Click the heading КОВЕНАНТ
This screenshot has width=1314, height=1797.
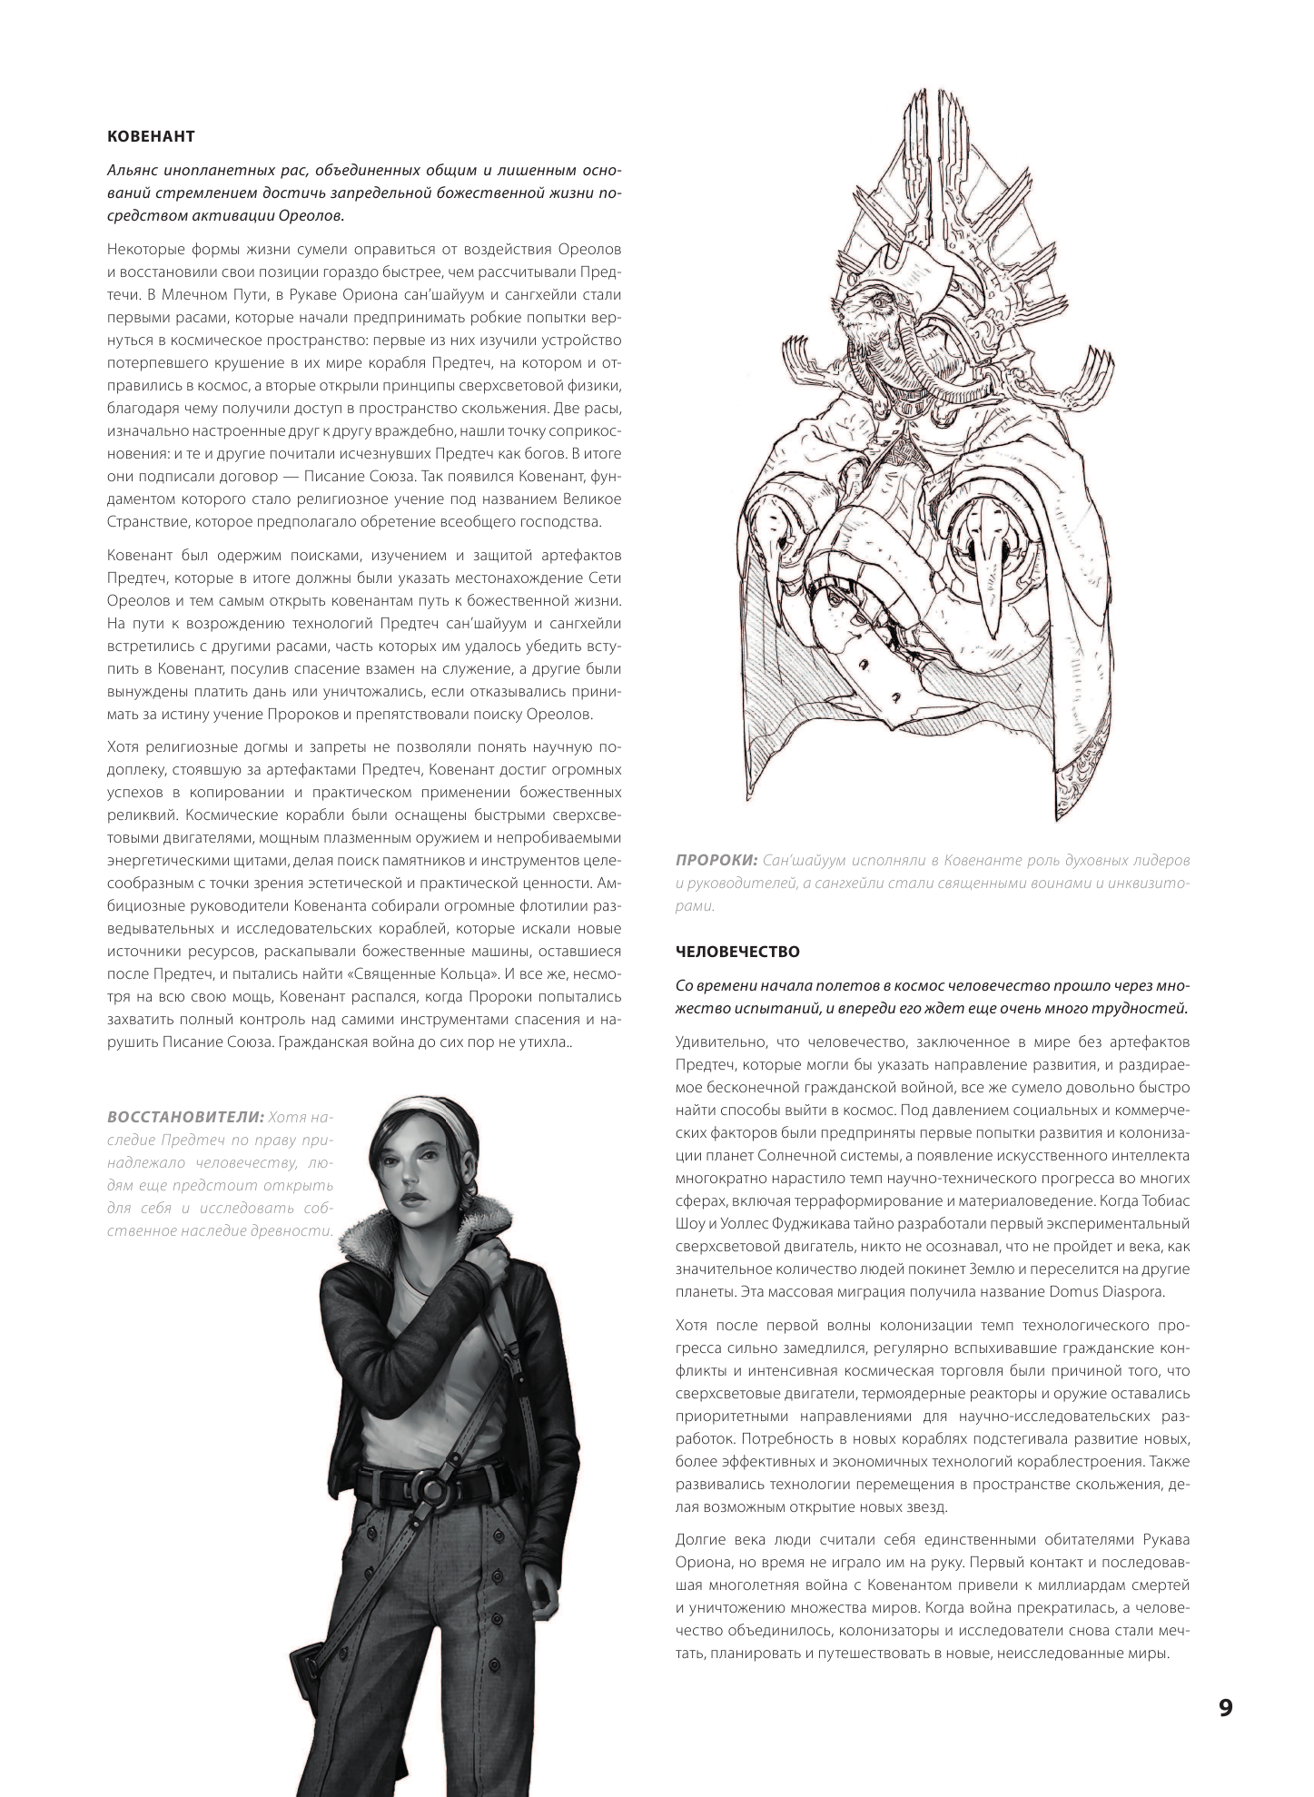[151, 137]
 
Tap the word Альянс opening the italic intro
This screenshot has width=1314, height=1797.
[132, 172]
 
